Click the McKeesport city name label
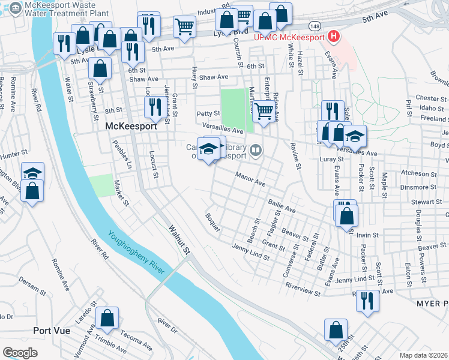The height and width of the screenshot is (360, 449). pyautogui.click(x=131, y=127)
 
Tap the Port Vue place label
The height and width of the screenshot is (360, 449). pyautogui.click(x=52, y=331)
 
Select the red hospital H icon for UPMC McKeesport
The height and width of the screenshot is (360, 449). pyautogui.click(x=333, y=37)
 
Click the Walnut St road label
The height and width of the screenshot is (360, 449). pyautogui.click(x=179, y=238)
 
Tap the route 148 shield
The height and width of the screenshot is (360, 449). pyautogui.click(x=315, y=26)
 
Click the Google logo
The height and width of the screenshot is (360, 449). pyautogui.click(x=20, y=352)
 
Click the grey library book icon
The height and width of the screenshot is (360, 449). pyautogui.click(x=256, y=150)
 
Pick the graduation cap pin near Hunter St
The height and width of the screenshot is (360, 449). pyautogui.click(x=32, y=173)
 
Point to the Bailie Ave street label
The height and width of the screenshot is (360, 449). pyautogui.click(x=282, y=206)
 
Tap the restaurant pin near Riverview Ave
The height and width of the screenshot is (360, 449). pyautogui.click(x=367, y=300)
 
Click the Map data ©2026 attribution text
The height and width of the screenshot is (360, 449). pyautogui.click(x=423, y=355)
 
